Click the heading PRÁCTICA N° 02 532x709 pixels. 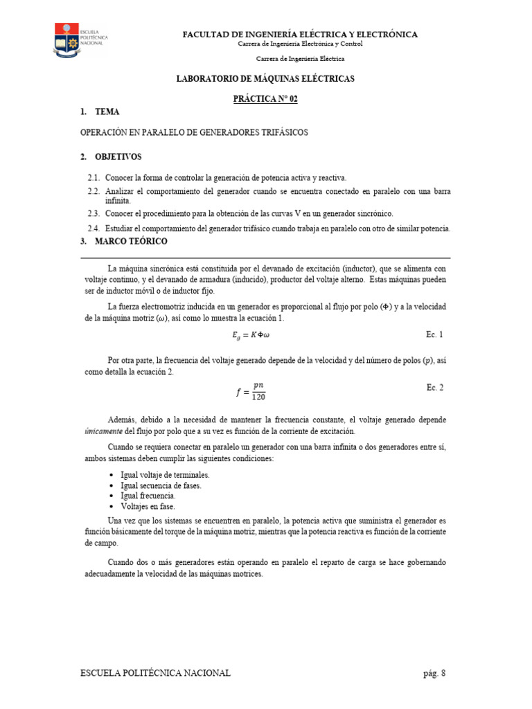tap(265, 99)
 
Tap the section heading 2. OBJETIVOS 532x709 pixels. tap(111, 157)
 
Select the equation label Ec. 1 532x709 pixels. tap(434, 334)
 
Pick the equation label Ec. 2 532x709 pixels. tap(434, 388)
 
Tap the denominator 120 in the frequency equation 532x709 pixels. tap(258, 397)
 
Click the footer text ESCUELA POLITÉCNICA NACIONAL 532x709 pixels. tap(156, 673)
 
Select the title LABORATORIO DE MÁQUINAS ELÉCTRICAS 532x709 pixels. tap(265, 80)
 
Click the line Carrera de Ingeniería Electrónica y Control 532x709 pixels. tap(299, 44)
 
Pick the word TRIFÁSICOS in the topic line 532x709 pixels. tap(282, 132)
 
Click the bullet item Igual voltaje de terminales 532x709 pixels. tap(165, 475)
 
